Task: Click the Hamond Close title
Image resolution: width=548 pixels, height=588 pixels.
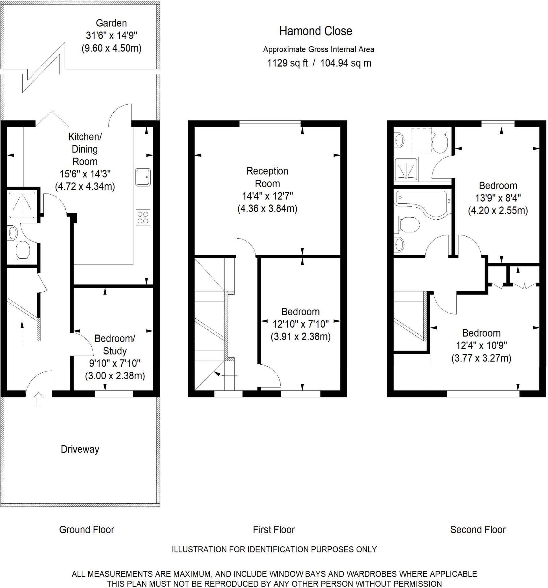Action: pyautogui.click(x=315, y=31)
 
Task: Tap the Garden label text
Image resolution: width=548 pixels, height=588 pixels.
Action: pyautogui.click(x=111, y=23)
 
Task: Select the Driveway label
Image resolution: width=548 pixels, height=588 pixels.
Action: pyautogui.click(x=80, y=449)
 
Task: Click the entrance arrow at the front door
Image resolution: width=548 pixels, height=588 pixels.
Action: pyautogui.click(x=39, y=399)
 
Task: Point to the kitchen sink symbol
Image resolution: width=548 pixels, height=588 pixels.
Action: pyautogui.click(x=143, y=177)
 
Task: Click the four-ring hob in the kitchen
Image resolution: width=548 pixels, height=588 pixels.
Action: pyautogui.click(x=143, y=218)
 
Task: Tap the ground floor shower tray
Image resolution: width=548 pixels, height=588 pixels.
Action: pyautogui.click(x=22, y=204)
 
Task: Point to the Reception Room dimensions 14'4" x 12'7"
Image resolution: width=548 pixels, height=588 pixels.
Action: pyautogui.click(x=267, y=196)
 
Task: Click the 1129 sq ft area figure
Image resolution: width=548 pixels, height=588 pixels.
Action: pyautogui.click(x=287, y=63)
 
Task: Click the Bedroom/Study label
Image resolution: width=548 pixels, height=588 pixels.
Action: pyautogui.click(x=115, y=345)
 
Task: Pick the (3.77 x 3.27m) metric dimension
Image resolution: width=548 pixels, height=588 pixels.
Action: pyautogui.click(x=481, y=358)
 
